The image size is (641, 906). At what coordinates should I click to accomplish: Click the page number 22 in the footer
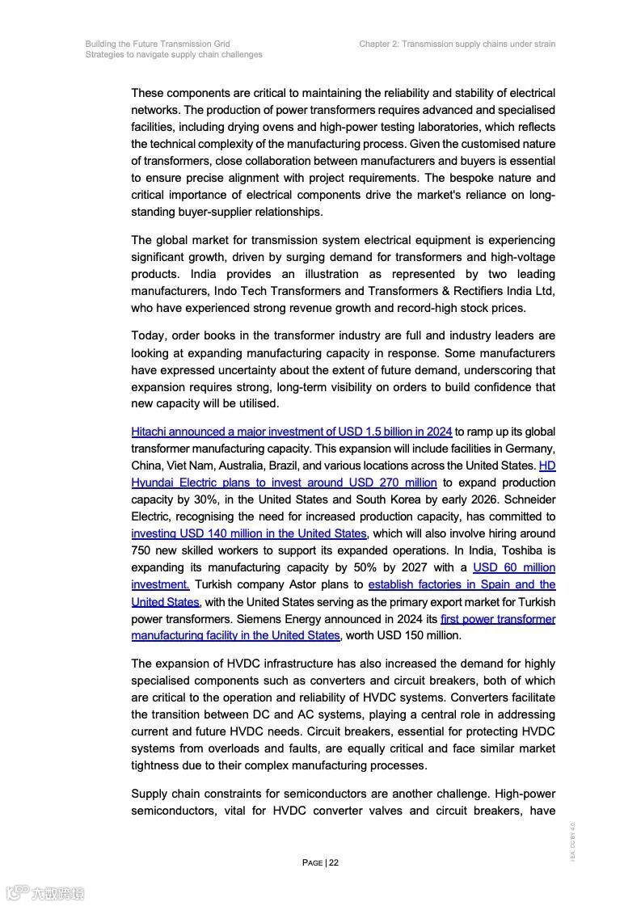(x=333, y=862)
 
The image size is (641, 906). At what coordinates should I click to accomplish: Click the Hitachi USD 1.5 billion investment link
(x=291, y=432)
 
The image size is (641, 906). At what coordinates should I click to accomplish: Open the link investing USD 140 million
(x=248, y=533)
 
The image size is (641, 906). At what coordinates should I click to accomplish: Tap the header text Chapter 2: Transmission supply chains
(x=457, y=44)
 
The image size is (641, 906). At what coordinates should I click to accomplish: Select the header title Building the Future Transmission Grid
(x=158, y=44)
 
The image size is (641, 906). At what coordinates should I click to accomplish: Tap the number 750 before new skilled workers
(x=141, y=550)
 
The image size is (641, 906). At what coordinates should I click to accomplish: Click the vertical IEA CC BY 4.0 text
(x=572, y=841)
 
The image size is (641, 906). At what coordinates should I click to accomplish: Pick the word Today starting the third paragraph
(x=148, y=335)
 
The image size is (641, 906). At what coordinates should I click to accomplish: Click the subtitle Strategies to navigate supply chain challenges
(x=174, y=55)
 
